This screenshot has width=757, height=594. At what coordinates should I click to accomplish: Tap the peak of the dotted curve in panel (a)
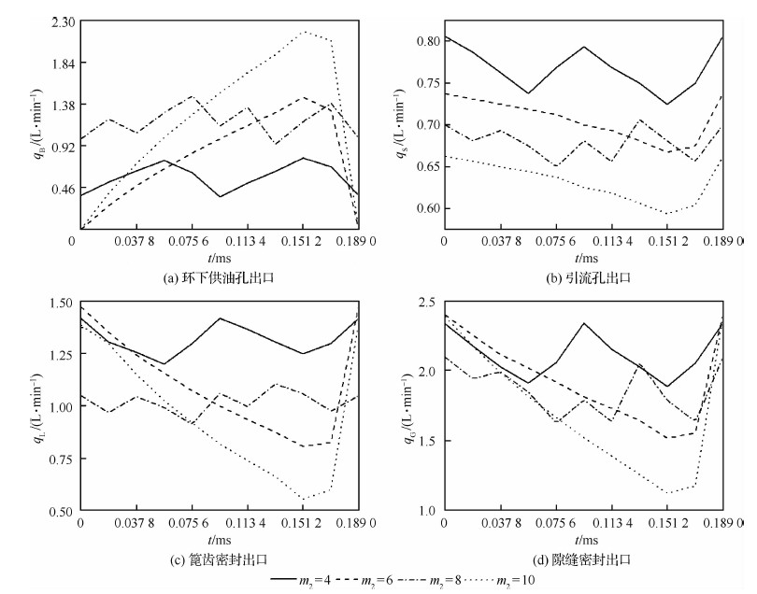click(305, 32)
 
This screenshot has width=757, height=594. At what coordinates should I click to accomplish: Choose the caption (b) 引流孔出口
click(582, 276)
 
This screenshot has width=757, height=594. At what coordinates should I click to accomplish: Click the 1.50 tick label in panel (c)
click(59, 303)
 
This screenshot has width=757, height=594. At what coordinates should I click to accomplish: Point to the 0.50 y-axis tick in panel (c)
click(59, 511)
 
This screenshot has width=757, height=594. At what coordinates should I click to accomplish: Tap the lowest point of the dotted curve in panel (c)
click(305, 499)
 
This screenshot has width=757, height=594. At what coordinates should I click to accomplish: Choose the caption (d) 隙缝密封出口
click(582, 559)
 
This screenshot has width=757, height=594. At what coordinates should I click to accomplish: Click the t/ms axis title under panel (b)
click(584, 257)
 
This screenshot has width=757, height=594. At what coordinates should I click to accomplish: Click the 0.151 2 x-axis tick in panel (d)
click(667, 525)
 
